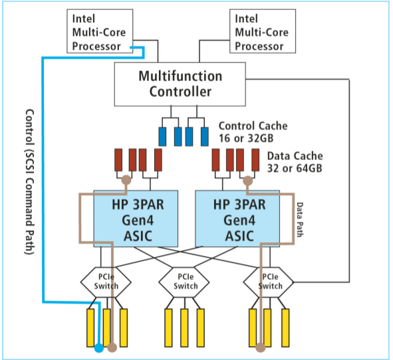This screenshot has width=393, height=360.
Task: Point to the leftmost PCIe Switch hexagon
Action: (x=107, y=282)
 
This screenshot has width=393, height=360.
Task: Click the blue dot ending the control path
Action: (x=98, y=348)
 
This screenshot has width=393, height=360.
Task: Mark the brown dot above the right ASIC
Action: (x=247, y=180)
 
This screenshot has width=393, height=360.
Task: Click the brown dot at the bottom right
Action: (x=261, y=346)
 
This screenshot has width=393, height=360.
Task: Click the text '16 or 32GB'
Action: (x=243, y=137)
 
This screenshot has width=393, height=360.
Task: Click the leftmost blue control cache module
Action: (x=162, y=136)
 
